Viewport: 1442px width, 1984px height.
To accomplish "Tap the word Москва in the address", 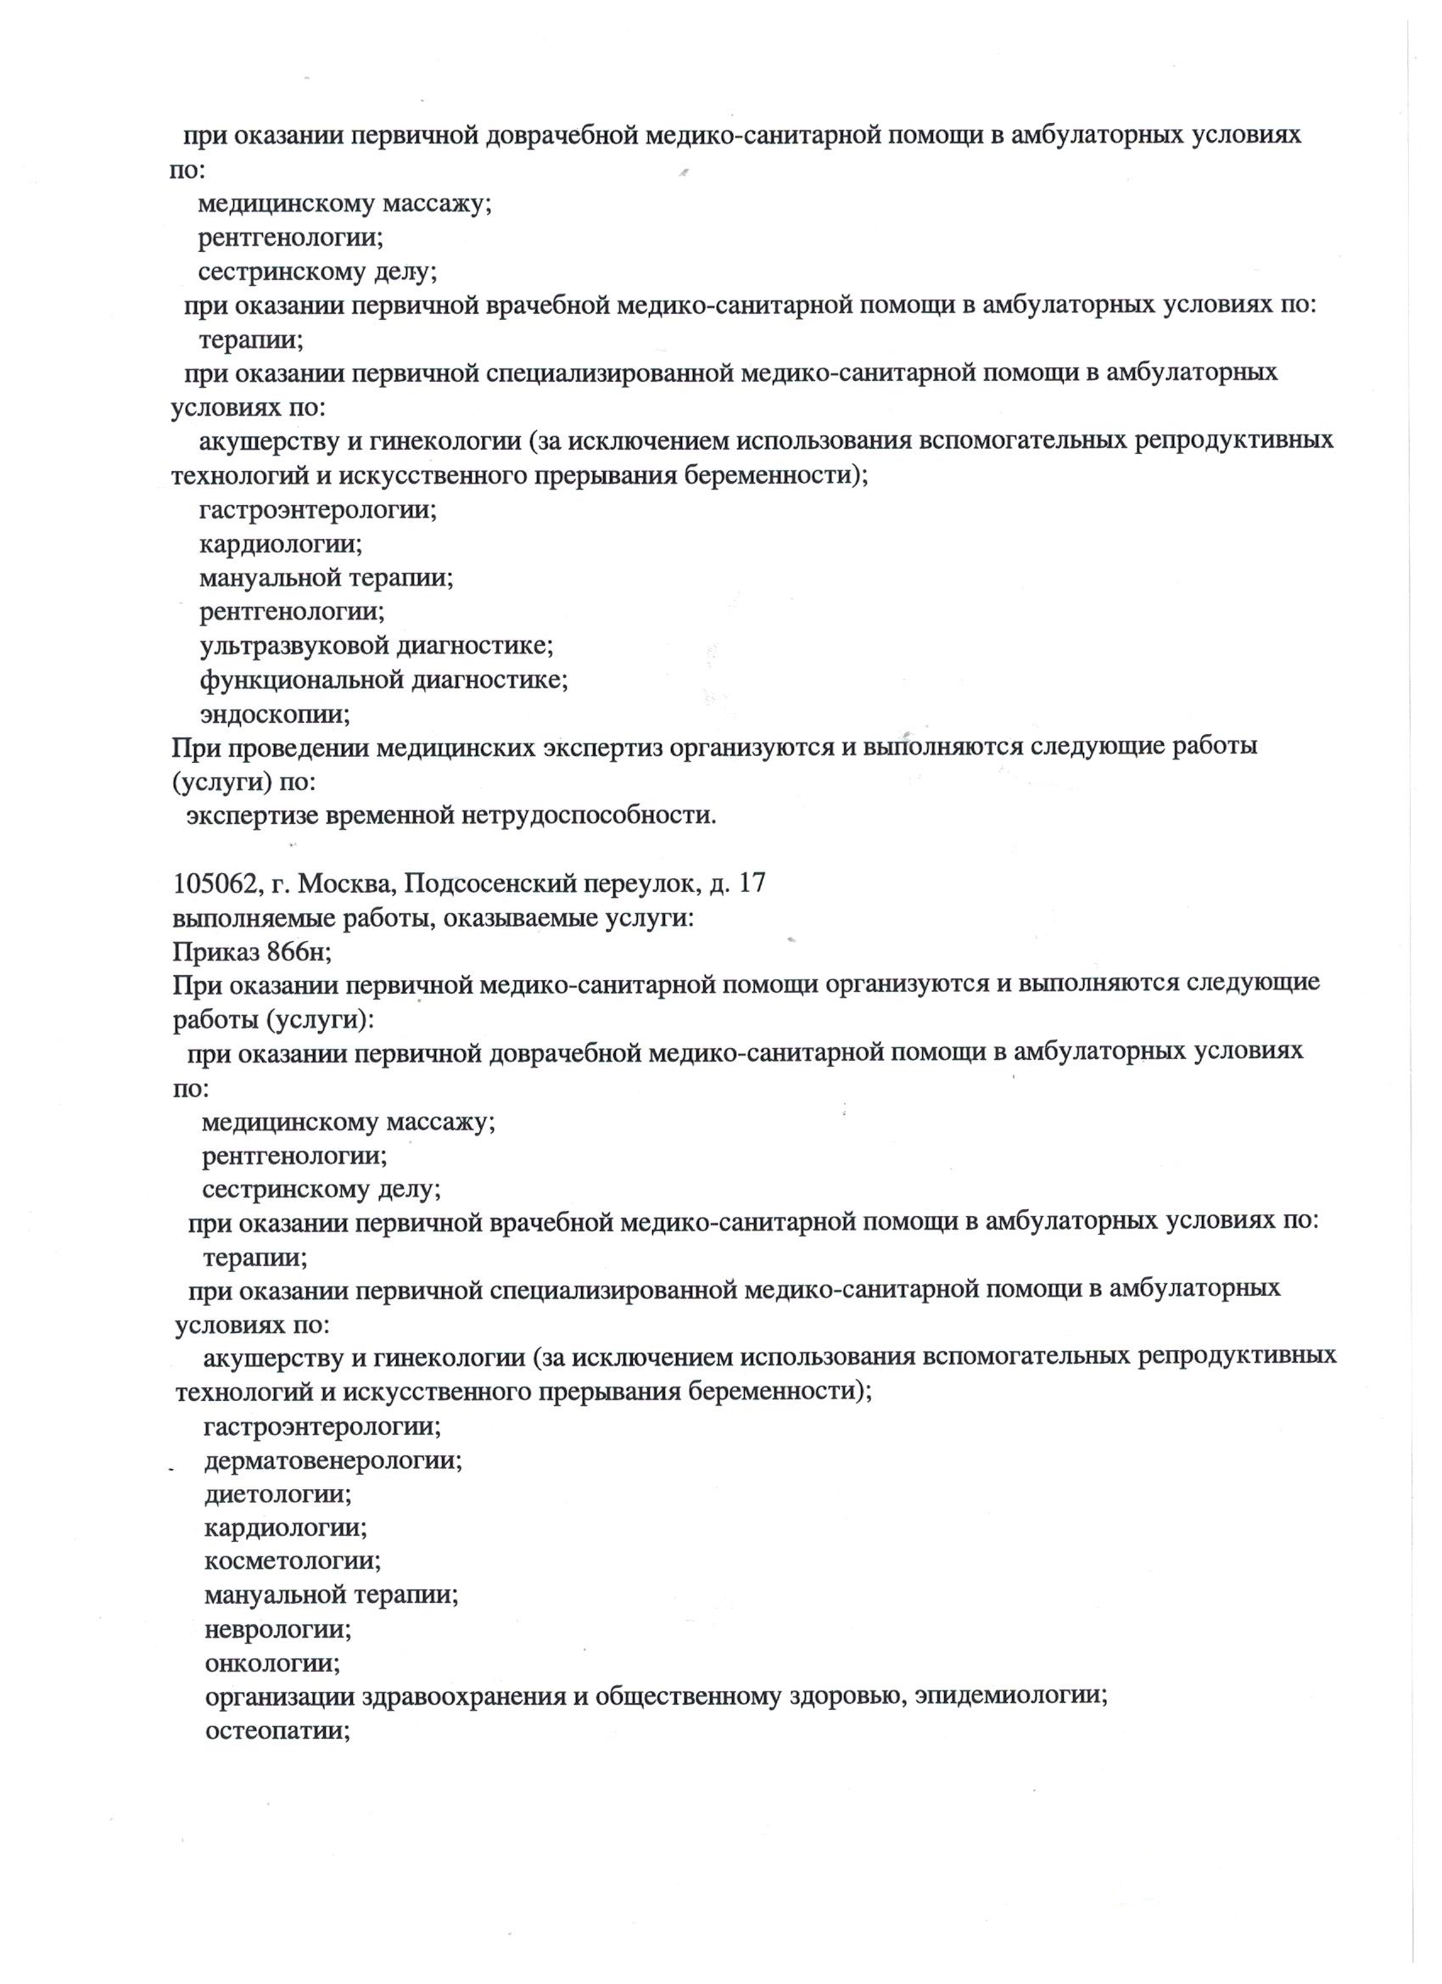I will click(345, 884).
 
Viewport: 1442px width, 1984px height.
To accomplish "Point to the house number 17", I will click(752, 883).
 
